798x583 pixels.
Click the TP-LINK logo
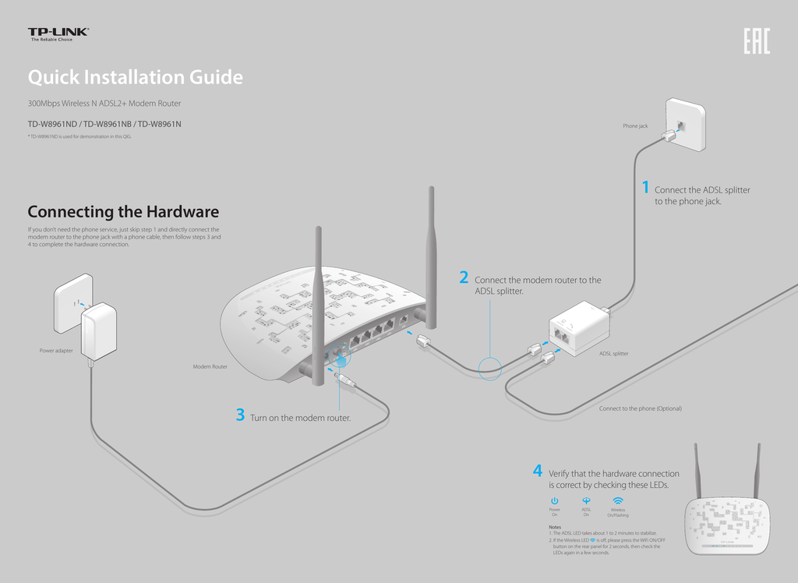58,34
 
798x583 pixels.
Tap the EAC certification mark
755,42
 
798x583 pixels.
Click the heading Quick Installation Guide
135,77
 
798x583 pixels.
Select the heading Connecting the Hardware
123,212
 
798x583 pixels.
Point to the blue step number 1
645,188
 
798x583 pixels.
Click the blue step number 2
464,278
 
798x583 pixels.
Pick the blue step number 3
240,415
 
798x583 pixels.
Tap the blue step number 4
538,471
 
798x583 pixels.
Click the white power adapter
98,330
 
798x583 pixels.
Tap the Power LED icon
554,500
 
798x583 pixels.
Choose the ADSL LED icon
586,500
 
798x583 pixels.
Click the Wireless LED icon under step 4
618,500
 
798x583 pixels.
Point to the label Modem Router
210,366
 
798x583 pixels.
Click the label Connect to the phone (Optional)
640,408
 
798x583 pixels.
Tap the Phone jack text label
635,126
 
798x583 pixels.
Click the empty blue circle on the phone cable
490,369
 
